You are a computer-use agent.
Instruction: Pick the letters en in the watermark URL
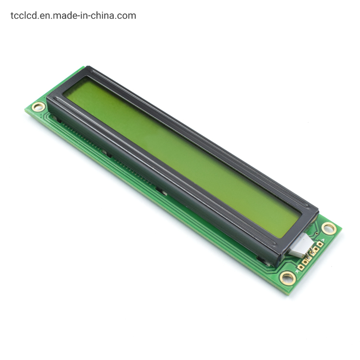[x=45, y=15]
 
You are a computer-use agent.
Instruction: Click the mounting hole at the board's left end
[x=38, y=107]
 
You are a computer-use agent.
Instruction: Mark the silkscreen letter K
[x=298, y=272]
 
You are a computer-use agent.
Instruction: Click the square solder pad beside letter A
[x=320, y=244]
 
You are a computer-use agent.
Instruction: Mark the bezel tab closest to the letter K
[x=263, y=259]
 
